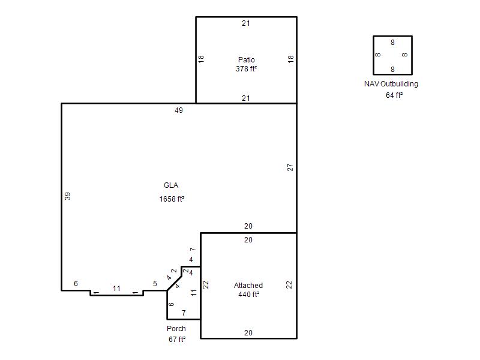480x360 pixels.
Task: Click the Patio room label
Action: (247, 59)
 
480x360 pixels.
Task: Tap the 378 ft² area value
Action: (246, 69)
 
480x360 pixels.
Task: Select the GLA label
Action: (171, 185)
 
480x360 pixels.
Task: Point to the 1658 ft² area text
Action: (172, 199)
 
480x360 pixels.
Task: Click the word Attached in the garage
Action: (248, 286)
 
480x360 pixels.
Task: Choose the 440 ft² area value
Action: (249, 295)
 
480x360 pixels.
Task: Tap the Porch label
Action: (176, 328)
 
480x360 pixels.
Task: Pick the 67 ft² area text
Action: (177, 340)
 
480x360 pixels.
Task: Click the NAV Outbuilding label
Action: (391, 84)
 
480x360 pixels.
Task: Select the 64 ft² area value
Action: (394, 95)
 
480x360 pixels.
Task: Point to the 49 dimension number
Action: (179, 110)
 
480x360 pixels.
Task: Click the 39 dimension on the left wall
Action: (68, 196)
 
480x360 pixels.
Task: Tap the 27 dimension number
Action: (290, 167)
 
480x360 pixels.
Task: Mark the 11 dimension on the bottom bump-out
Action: (116, 289)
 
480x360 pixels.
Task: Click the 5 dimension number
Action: (155, 284)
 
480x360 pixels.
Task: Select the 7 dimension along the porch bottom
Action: (184, 313)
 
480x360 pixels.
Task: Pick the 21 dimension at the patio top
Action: (246, 23)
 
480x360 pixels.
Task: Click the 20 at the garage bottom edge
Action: (248, 333)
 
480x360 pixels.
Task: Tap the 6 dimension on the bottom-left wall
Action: (76, 283)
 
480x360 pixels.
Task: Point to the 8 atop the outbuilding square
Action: (392, 43)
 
